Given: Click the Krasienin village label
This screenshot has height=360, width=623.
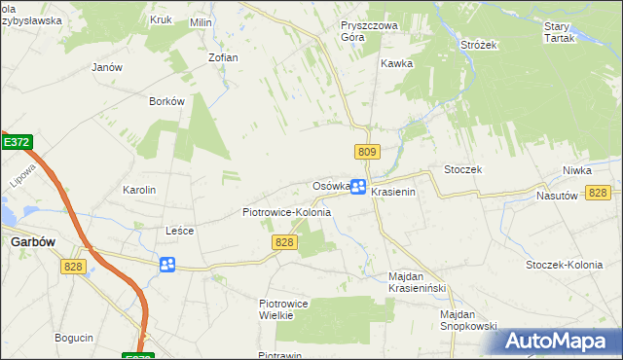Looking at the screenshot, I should click(393, 193).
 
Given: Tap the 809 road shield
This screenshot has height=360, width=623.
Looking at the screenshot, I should click(366, 152).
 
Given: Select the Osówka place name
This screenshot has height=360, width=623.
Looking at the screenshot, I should click(330, 186).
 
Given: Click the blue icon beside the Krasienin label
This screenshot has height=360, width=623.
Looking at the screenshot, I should click(358, 187).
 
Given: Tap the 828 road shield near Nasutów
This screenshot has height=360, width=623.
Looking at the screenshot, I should click(599, 193).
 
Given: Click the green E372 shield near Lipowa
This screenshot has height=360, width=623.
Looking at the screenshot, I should click(16, 142).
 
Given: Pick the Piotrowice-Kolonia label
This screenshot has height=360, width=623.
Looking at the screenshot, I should click(286, 212).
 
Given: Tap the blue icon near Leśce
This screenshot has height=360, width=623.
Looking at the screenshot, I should click(167, 265).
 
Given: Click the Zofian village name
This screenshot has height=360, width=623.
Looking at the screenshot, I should click(223, 57).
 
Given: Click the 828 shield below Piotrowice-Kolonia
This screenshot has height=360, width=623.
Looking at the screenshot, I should click(284, 242).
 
